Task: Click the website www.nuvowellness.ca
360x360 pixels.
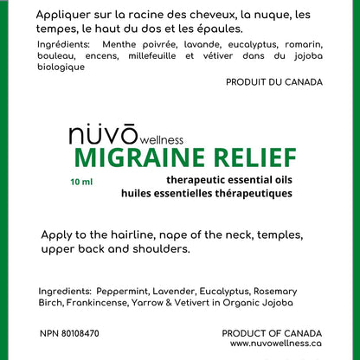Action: click(x=276, y=344)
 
